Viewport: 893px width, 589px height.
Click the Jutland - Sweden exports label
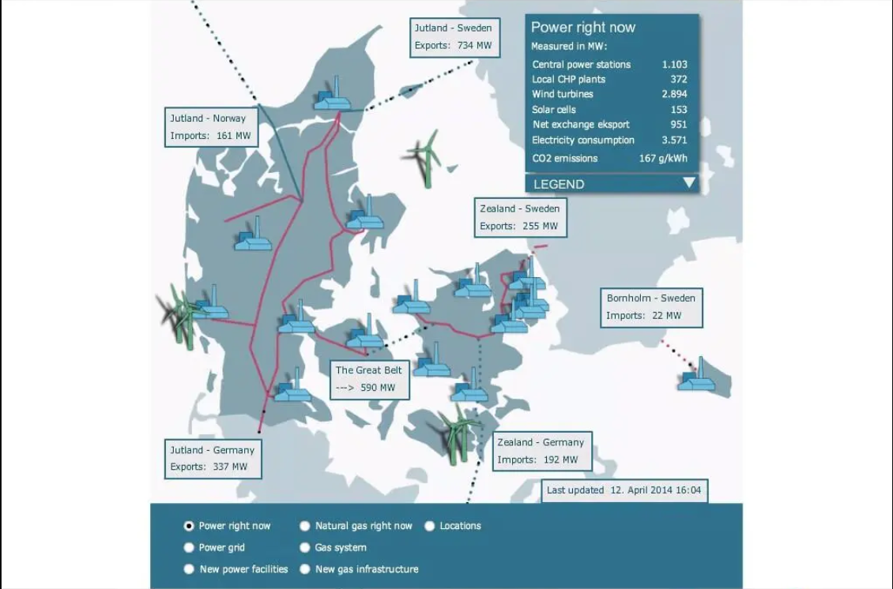coord(453,37)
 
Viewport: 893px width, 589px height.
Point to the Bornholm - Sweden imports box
coord(650,306)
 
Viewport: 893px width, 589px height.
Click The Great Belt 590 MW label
coord(368,379)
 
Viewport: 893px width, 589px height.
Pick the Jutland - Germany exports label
coord(212,459)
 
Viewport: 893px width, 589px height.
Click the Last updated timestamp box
coord(624,490)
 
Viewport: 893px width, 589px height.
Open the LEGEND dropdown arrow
coord(689,183)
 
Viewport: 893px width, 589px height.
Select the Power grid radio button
coord(189,547)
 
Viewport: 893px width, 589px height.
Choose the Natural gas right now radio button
coord(305,526)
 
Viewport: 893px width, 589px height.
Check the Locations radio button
coord(430,526)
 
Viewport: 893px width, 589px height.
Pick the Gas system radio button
coord(305,547)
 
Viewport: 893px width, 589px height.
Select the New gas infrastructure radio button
coord(305,568)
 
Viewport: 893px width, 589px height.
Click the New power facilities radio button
coord(189,568)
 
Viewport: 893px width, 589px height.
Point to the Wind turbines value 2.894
coord(674,94)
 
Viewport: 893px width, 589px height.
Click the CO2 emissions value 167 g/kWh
coord(663,158)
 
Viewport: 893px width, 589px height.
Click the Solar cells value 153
coord(678,110)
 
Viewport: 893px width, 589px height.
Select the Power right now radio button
coord(189,526)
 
